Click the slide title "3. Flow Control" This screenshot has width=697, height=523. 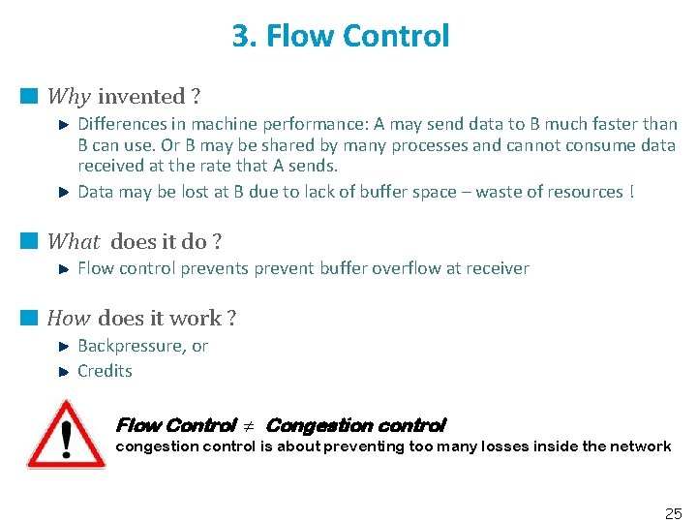click(x=341, y=37)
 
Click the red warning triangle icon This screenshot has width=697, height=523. click(x=66, y=435)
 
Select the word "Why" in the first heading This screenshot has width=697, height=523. click(x=69, y=97)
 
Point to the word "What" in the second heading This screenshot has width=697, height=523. click(x=74, y=242)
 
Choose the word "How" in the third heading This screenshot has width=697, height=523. click(x=68, y=319)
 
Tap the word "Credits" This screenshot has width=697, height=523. click(x=105, y=371)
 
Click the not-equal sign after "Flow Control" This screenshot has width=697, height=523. click(x=249, y=426)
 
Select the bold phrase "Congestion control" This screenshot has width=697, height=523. click(x=355, y=425)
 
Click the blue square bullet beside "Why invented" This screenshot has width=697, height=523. click(x=30, y=96)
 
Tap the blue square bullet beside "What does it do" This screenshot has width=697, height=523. click(x=30, y=241)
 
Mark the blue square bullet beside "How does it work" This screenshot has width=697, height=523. click(x=30, y=318)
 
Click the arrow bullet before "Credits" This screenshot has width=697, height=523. click(x=63, y=371)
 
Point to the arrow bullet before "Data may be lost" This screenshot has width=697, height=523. click(x=63, y=192)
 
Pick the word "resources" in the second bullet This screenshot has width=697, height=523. click(x=583, y=192)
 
